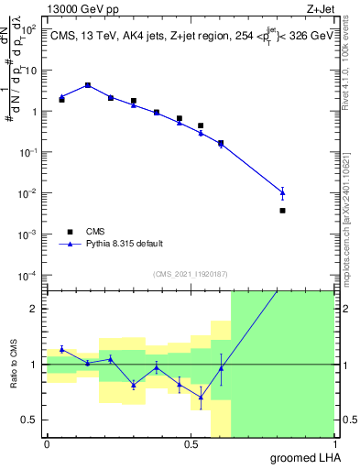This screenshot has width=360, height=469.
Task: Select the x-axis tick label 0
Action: tap(47, 444)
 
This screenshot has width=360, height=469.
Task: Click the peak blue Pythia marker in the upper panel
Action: tap(87, 84)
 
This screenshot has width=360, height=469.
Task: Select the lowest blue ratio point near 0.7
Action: tap(201, 397)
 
